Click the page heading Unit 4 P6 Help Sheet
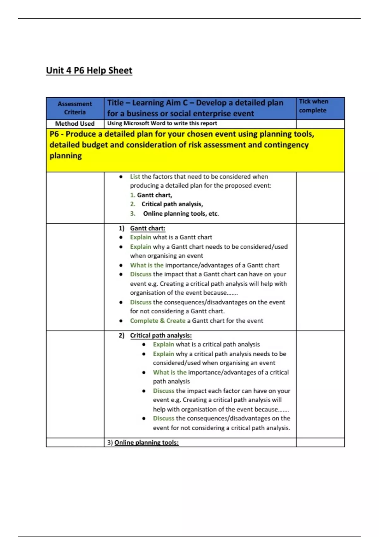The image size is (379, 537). [89, 70]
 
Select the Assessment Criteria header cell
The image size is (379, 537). [75, 108]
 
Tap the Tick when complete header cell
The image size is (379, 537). [313, 106]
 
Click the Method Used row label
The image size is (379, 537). [75, 124]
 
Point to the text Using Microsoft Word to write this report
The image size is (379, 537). [162, 124]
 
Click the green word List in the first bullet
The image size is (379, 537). [135, 177]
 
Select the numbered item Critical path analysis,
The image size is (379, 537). [172, 204]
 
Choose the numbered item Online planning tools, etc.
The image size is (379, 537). [181, 214]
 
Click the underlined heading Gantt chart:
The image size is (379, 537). [147, 228]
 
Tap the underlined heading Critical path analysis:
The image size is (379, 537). [161, 335]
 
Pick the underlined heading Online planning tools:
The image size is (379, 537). [146, 443]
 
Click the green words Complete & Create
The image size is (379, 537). [158, 321]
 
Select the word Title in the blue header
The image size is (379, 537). [115, 103]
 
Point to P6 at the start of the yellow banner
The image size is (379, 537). [54, 134]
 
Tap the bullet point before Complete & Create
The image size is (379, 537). [121, 321]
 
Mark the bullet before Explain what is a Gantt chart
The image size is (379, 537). [121, 238]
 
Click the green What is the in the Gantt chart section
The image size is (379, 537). [147, 265]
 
